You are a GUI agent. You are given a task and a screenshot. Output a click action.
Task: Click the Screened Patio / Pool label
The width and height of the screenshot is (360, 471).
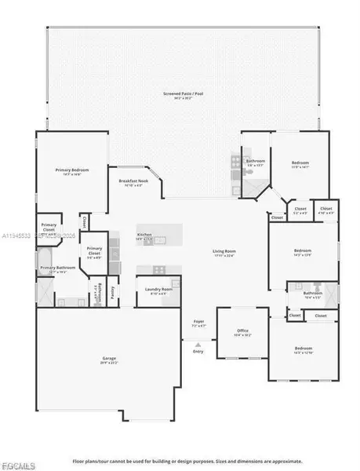(x=182, y=93)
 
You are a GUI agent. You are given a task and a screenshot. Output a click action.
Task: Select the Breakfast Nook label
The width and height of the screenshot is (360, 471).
(x=134, y=182)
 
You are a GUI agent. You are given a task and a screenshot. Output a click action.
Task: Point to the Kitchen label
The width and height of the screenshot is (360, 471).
(x=144, y=235)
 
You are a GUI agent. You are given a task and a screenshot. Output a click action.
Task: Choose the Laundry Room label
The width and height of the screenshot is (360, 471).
(x=158, y=289)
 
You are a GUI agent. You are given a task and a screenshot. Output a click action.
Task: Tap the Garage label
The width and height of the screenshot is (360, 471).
(x=108, y=359)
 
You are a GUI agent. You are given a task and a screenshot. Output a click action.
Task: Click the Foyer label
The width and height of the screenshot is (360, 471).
(x=199, y=322)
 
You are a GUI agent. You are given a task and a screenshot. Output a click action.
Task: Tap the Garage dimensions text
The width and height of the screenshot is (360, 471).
(x=108, y=363)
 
